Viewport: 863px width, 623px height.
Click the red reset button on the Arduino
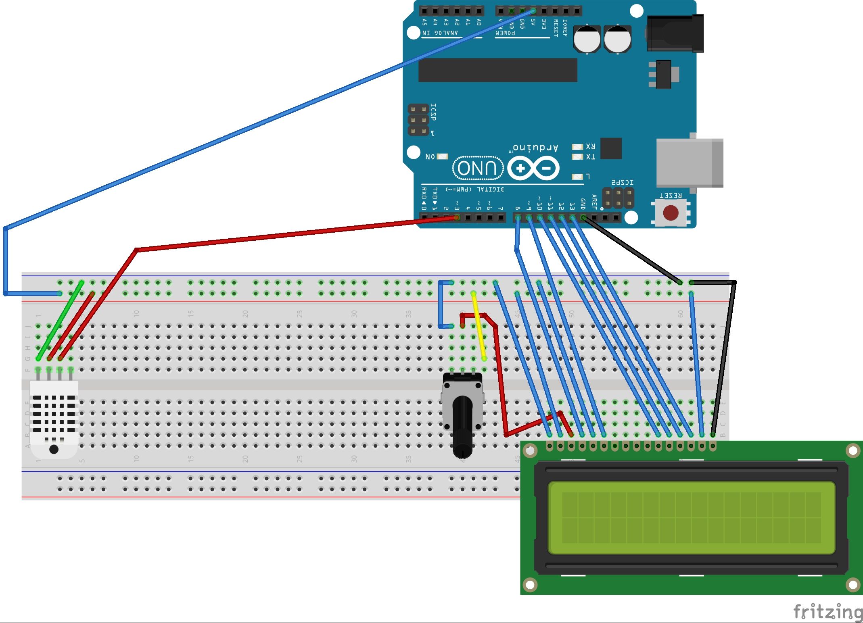(x=671, y=213)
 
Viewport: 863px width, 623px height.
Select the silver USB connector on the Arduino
(x=689, y=163)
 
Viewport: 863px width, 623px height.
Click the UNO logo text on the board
(x=478, y=168)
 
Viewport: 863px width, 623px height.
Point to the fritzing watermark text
(x=827, y=612)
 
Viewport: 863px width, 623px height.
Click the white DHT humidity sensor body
(x=54, y=419)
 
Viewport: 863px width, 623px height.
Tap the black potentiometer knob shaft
(x=462, y=427)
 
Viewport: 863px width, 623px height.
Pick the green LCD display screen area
(x=691, y=518)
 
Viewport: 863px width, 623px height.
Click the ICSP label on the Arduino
(x=433, y=112)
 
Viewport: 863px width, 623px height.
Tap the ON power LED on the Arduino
(x=442, y=156)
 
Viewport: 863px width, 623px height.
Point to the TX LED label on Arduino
(x=590, y=157)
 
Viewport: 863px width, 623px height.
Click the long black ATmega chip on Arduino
(x=497, y=70)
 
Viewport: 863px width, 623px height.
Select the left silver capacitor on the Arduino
(x=587, y=39)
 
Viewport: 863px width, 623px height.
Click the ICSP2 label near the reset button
(x=622, y=183)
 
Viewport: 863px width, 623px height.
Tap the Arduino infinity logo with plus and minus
(x=533, y=169)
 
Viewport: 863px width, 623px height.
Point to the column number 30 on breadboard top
(x=354, y=313)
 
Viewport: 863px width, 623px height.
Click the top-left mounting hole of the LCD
(x=530, y=451)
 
